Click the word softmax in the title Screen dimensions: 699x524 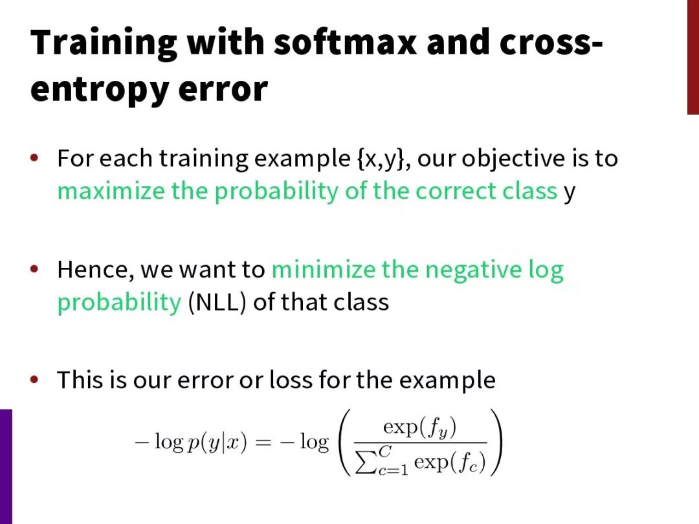coord(345,42)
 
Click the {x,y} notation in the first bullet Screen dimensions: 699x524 coord(381,158)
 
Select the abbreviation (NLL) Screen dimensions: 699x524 coord(217,302)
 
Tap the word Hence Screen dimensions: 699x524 coord(95,270)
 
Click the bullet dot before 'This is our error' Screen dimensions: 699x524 coord(34,380)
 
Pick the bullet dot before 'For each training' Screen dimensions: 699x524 coord(34,158)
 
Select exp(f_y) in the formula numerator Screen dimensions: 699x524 coord(419,428)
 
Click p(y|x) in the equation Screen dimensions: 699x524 coord(217,442)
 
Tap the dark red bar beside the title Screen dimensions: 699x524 coord(693,57)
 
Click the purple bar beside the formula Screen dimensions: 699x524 coord(6,466)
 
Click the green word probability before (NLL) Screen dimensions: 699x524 coord(120,303)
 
